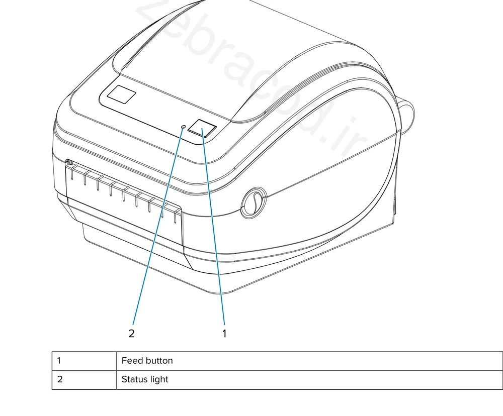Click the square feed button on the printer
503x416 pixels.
tap(202, 129)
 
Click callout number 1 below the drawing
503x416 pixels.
tap(224, 333)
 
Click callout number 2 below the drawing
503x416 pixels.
tap(131, 333)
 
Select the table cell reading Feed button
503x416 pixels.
tap(309, 361)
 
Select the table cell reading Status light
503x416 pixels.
tap(309, 380)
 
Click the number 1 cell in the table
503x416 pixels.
tap(84, 361)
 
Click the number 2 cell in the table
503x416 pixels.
tap(84, 380)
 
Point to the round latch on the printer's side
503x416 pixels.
tap(254, 202)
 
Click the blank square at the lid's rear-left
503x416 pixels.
tap(121, 94)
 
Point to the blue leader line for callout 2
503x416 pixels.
tap(158, 226)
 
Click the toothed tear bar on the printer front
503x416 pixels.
tap(124, 189)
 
